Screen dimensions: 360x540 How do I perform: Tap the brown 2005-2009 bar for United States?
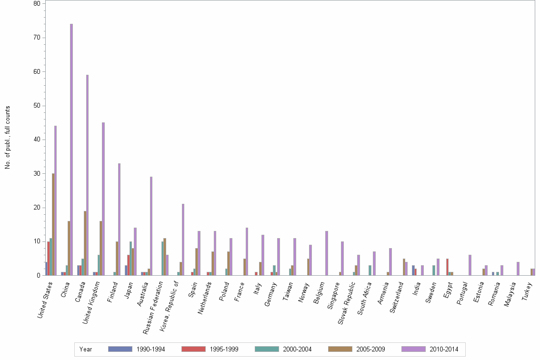tap(53, 224)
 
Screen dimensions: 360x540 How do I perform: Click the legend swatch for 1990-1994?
tap(120, 349)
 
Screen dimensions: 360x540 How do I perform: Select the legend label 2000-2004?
tap(298, 350)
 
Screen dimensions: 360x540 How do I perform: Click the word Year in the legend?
tap(86, 350)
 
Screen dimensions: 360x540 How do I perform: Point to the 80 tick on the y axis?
tap(37, 3)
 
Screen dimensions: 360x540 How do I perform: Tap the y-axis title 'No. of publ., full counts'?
tap(8, 138)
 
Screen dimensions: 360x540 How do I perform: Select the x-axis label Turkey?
tap(527, 290)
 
